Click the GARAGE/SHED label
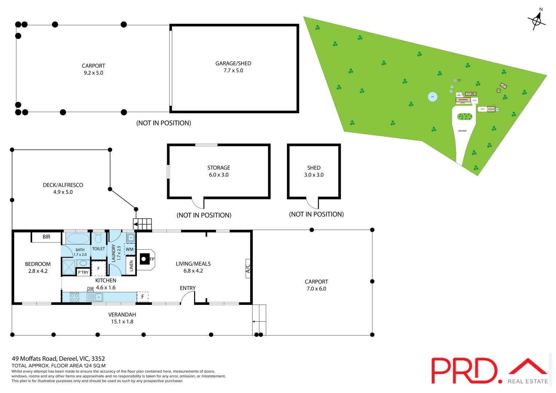pos(233,63)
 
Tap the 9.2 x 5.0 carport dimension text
pos(93,73)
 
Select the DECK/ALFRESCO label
pos(63,185)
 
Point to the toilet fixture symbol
pos(98,238)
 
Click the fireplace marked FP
pos(145,259)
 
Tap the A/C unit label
pos(248,269)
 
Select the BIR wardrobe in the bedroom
pos(46,237)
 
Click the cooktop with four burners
pos(74,297)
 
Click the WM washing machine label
pos(130,249)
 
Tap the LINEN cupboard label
pos(131,266)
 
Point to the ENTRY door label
pos(188,288)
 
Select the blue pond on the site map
pos(433,97)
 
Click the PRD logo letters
pos(464,370)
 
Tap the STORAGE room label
pos(218,168)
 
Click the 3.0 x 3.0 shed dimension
pos(314,175)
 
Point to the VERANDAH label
pos(122,314)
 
